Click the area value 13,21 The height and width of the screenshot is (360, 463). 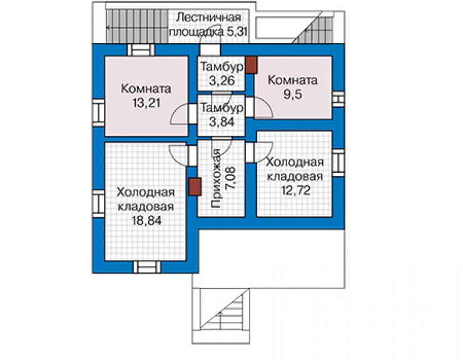pos(146,103)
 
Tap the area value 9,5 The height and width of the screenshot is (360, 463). pos(293,95)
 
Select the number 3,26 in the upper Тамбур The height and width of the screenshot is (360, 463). pos(221,81)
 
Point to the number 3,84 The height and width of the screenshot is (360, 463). pos(221,121)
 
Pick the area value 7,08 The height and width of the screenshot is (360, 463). pos(231,178)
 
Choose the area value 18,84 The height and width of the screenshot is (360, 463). pos(146,220)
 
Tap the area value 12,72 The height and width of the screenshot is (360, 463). pos(295,190)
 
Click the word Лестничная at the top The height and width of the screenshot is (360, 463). pos(208,18)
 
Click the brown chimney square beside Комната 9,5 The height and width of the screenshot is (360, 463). pos(252,65)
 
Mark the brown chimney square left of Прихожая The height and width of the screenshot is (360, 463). pos(195,187)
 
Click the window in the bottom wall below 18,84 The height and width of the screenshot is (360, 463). pos(147,267)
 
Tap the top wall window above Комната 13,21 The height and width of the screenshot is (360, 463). pos(141,50)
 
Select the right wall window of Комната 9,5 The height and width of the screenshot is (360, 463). pos(339,100)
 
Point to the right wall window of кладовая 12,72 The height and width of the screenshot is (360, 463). pos(338,163)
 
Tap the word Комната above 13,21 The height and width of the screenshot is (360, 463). pos(146,89)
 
